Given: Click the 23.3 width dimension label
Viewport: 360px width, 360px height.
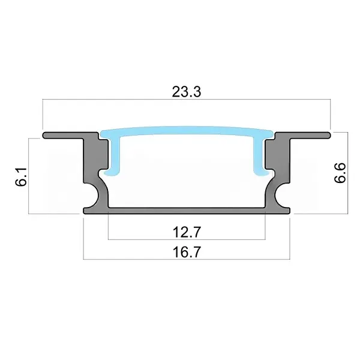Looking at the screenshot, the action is point(187,92).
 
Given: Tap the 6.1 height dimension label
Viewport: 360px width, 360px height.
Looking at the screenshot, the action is point(22,176).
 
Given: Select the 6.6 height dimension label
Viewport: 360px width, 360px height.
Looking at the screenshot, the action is point(340,173).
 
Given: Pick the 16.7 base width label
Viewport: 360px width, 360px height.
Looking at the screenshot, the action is point(187,252).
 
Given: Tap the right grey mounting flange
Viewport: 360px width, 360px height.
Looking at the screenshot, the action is point(303,135).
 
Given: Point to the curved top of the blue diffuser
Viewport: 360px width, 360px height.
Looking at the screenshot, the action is point(187,130).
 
